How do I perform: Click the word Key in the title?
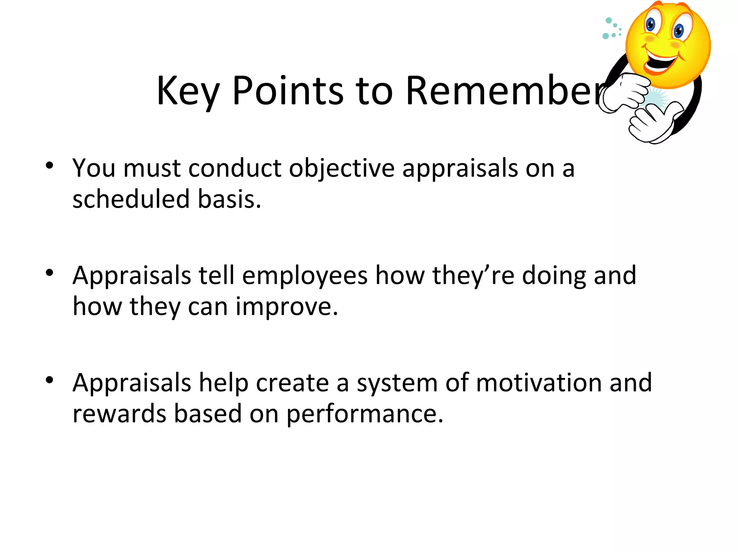(188, 91)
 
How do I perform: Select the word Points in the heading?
(288, 91)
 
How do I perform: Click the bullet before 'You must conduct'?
(49, 166)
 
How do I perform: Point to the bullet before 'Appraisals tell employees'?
(49, 273)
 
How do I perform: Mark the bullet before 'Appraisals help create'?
(49, 380)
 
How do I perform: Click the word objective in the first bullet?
(342, 168)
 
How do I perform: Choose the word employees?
(305, 276)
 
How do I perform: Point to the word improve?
(287, 307)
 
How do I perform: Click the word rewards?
(119, 414)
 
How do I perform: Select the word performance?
(364, 414)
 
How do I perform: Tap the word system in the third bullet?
(397, 383)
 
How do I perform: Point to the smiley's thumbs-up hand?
(653, 123)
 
